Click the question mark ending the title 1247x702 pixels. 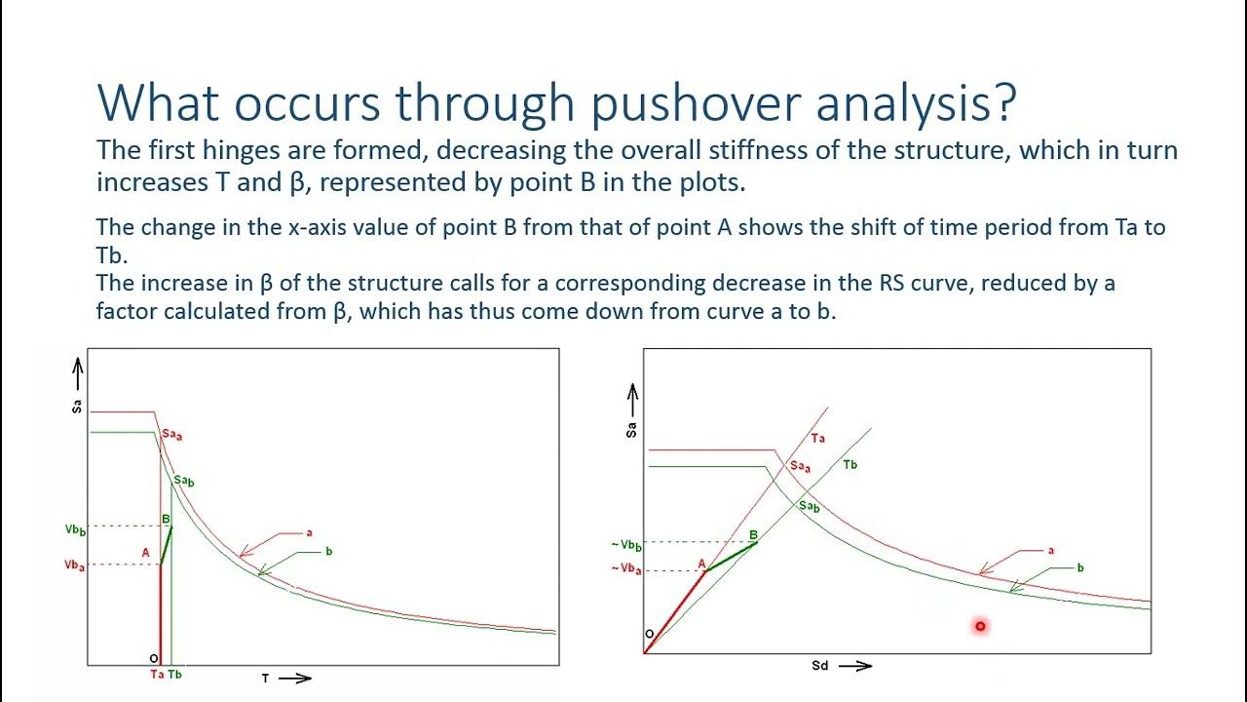click(x=1003, y=102)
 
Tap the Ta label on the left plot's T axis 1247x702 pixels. click(x=157, y=675)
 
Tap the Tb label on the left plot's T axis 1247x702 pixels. click(x=174, y=675)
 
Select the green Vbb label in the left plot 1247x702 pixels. click(x=75, y=528)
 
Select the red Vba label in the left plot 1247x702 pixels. click(x=75, y=565)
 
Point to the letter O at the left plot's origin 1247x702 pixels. click(x=153, y=659)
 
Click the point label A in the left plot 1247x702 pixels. click(x=146, y=553)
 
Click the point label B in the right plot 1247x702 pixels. click(x=753, y=535)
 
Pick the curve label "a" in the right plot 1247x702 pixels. click(x=1050, y=551)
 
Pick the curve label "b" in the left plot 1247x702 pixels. click(x=329, y=551)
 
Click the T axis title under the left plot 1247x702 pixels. click(x=265, y=679)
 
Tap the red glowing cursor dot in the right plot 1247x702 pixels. click(x=980, y=626)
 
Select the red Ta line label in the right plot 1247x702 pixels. click(x=818, y=439)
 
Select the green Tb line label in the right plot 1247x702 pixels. click(x=850, y=465)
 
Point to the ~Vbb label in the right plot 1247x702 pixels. click(x=626, y=544)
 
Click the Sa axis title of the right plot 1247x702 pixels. click(x=631, y=427)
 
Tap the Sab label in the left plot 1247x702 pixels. click(x=184, y=481)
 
